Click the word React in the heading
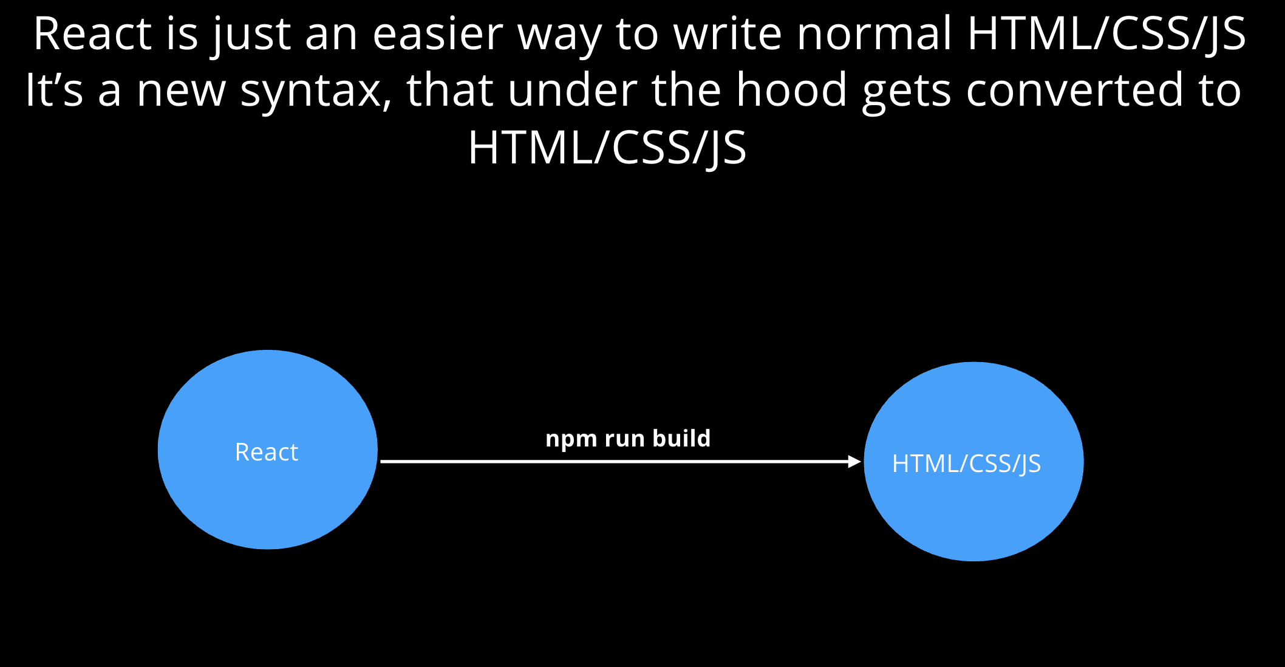(x=92, y=33)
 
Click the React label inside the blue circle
(x=267, y=452)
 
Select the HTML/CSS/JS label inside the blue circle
(x=966, y=464)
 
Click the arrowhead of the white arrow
(x=855, y=462)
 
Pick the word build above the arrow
(x=681, y=438)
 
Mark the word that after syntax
(x=450, y=89)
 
